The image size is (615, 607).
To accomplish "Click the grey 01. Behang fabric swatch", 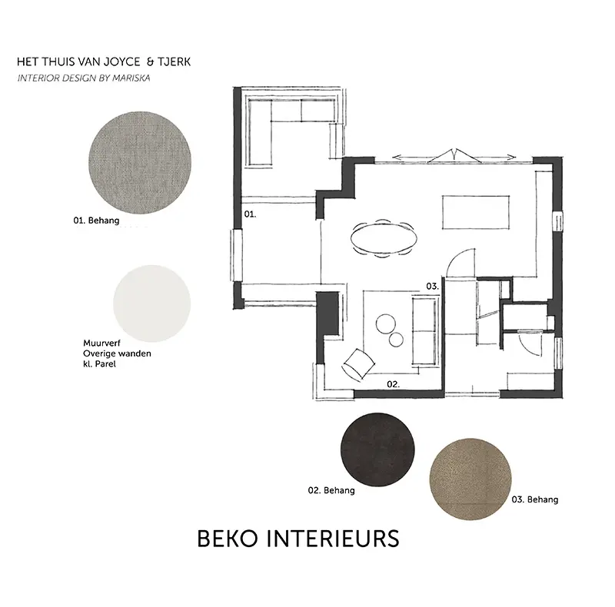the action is [140, 162].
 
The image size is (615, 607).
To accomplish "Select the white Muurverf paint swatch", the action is [151, 303].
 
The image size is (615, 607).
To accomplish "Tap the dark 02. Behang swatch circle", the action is [377, 449].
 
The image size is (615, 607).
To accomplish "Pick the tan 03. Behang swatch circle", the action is [470, 479].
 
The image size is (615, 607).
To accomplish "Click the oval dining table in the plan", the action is [384, 238].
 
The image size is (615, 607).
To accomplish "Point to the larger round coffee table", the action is [386, 324].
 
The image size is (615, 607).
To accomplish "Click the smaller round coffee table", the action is [396, 340].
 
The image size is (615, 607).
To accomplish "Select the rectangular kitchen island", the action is [476, 212].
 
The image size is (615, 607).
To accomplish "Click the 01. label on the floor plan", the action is [250, 214].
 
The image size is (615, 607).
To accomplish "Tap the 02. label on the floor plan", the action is [393, 384].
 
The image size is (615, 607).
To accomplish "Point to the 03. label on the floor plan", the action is [432, 287].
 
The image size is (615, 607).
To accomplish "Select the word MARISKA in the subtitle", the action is [131, 78].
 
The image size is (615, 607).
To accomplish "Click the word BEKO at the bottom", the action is [228, 539].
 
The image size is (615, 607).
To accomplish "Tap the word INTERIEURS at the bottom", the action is [333, 539].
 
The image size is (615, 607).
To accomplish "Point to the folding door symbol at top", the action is [454, 156].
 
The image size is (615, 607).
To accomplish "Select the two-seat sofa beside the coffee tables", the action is [425, 332].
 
